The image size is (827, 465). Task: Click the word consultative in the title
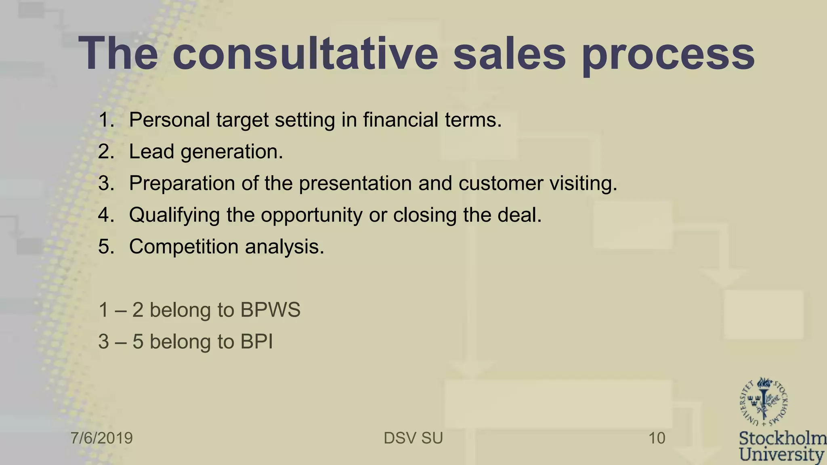pyautogui.click(x=305, y=54)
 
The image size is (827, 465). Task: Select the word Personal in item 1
pyautogui.click(x=169, y=120)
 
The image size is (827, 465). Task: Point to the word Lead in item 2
pyautogui.click(x=151, y=152)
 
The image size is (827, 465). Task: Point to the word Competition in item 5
pyautogui.click(x=184, y=247)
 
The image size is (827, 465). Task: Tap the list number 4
pyautogui.click(x=106, y=215)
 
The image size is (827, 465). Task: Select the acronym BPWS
pyautogui.click(x=270, y=310)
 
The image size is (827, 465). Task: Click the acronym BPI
pyautogui.click(x=256, y=342)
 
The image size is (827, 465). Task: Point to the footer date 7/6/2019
pyautogui.click(x=102, y=438)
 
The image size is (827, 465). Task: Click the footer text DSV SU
pyautogui.click(x=413, y=438)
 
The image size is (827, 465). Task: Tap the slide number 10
pyautogui.click(x=657, y=438)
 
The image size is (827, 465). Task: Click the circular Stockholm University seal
pyautogui.click(x=763, y=403)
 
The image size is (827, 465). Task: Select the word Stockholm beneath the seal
pyautogui.click(x=782, y=439)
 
